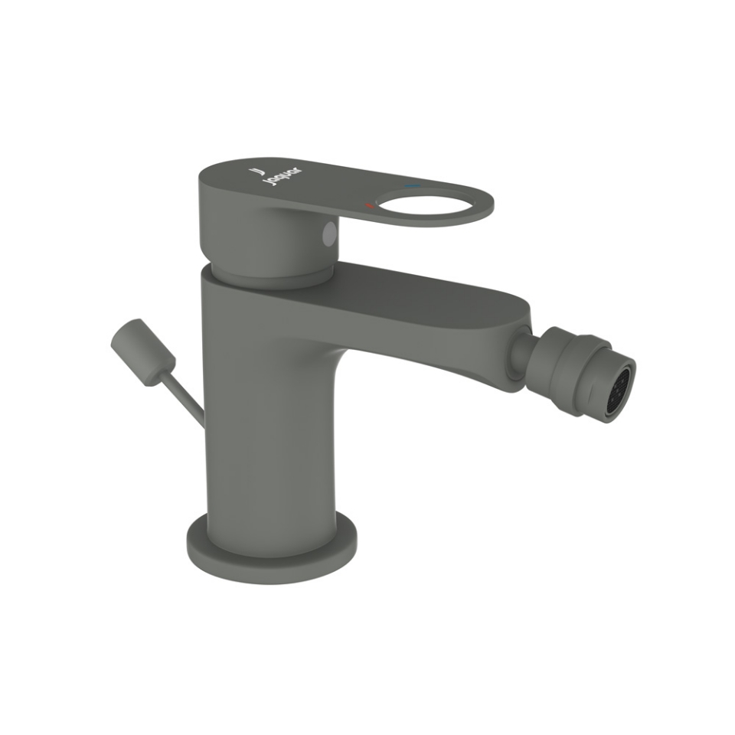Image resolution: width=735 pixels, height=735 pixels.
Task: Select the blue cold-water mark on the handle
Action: tap(412, 186)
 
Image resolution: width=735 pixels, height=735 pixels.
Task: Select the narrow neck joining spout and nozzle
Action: tap(521, 351)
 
